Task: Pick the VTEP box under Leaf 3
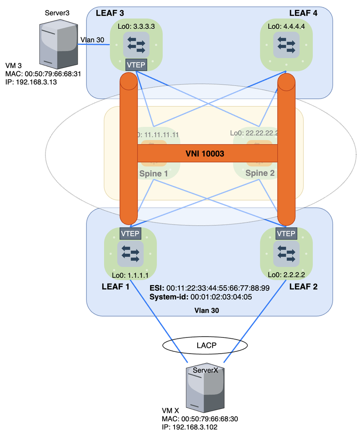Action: [136, 65]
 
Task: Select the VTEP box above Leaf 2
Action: [286, 234]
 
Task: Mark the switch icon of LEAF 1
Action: [130, 254]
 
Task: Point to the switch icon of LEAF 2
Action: [286, 254]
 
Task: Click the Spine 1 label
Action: [154, 173]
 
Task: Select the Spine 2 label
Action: [260, 173]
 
